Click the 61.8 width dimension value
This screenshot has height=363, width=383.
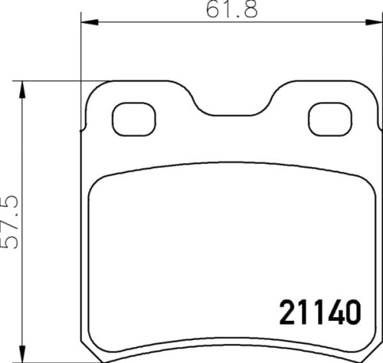(232, 10)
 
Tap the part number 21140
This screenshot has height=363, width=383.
(320, 312)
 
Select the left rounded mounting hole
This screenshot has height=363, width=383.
(134, 119)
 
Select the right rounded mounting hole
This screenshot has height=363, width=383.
(330, 119)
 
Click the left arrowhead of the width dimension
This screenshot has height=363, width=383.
(90, 22)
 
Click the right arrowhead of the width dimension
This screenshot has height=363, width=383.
(374, 22)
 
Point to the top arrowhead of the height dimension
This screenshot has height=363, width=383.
(22, 90)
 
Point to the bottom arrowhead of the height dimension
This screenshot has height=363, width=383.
(22, 354)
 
